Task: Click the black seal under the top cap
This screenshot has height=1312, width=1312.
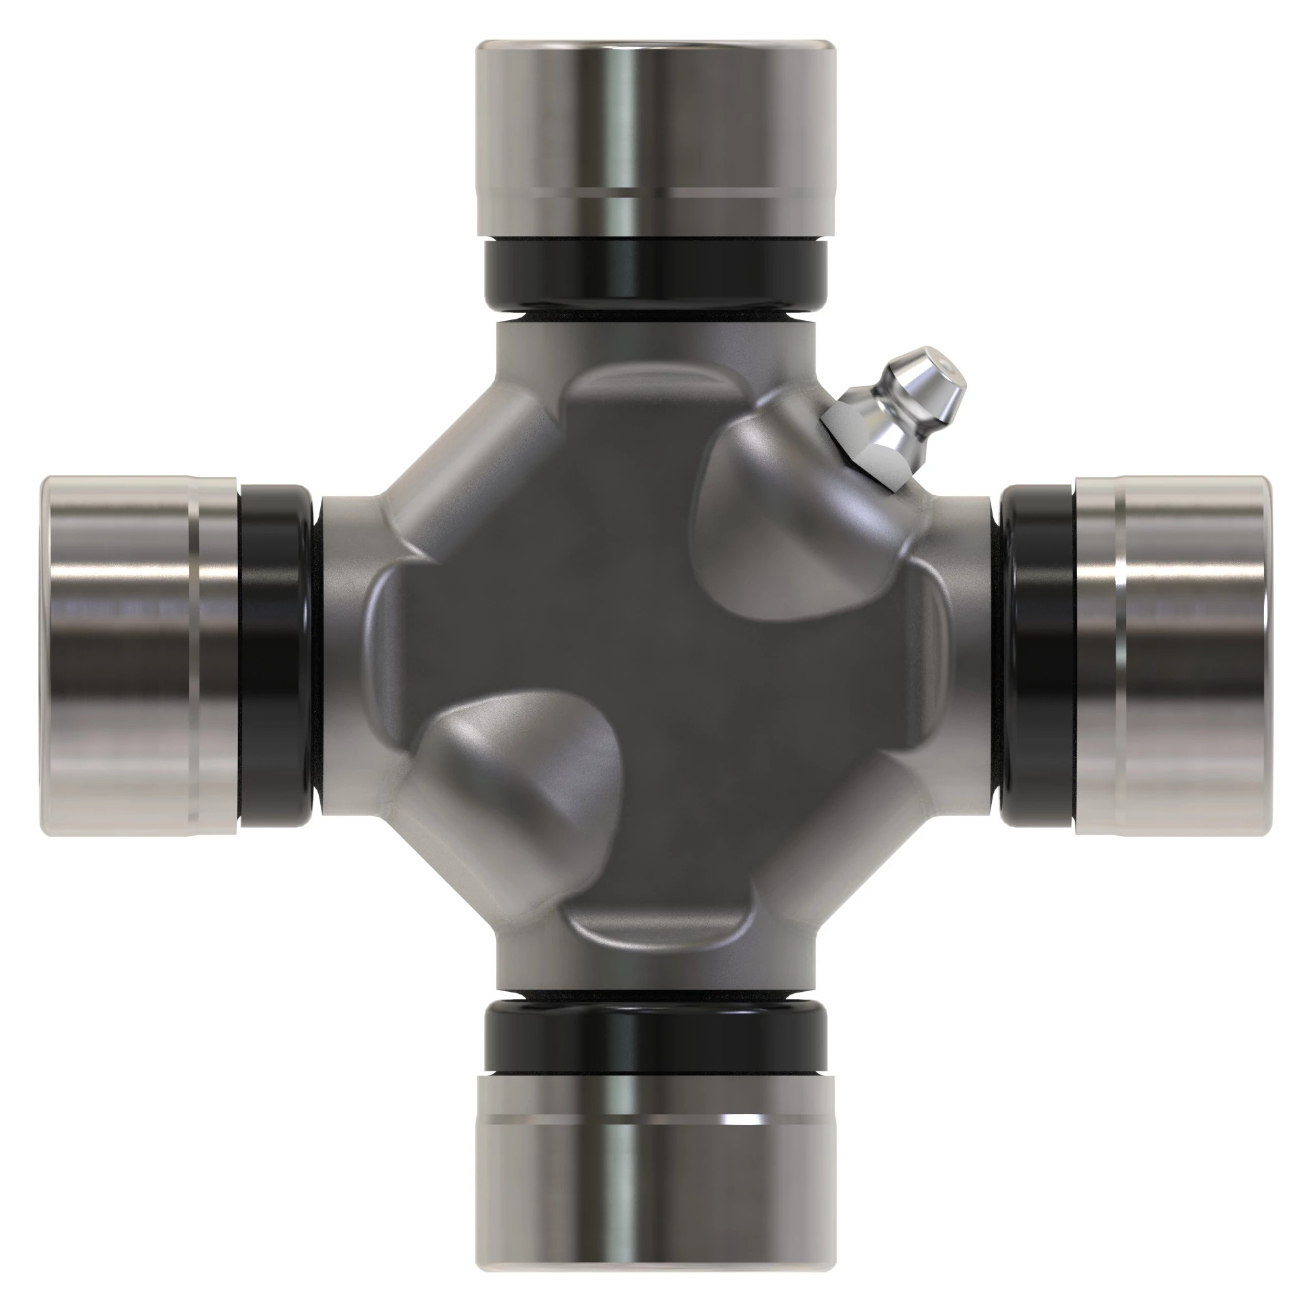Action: click(656, 272)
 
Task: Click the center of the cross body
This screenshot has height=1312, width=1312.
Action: click(656, 655)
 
